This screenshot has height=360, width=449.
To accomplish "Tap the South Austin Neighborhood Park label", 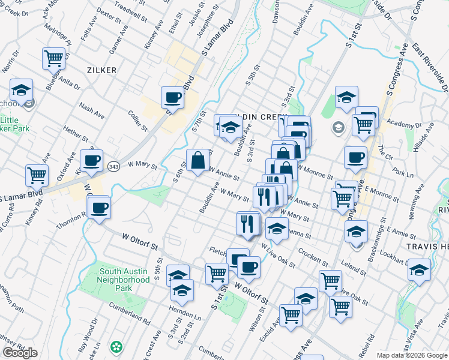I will pos(124,280).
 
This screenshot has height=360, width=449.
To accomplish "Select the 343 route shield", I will pos(112,165).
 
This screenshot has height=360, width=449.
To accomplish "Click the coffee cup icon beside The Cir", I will pos(355,158).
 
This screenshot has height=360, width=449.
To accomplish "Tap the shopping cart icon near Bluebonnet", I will pos(53,58).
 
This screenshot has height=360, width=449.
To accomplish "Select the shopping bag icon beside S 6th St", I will pos(198,160).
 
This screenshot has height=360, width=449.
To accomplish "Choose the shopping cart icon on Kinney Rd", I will pos(37,176).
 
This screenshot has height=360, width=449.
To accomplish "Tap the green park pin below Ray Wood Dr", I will pos(116,347).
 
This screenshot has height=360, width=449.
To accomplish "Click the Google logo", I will pos(20,353).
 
